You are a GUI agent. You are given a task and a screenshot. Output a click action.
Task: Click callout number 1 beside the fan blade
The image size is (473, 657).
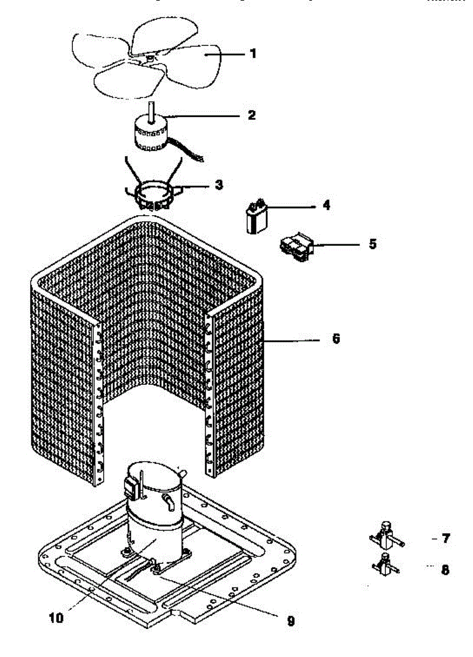(x=253, y=54)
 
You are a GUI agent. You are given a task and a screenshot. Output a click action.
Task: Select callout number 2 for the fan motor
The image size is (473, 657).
(x=252, y=116)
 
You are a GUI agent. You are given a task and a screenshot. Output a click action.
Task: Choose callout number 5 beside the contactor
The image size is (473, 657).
(x=372, y=244)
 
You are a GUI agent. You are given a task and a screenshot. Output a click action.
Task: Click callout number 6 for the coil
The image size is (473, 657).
(x=336, y=339)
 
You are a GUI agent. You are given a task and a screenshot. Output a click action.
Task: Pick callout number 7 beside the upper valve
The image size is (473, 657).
(x=446, y=539)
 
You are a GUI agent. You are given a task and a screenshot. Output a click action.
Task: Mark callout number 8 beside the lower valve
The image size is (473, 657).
(x=446, y=570)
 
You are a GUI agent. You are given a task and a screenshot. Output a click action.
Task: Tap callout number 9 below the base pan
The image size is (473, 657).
(x=290, y=621)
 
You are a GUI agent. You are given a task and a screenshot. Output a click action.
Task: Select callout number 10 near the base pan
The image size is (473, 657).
(x=56, y=618)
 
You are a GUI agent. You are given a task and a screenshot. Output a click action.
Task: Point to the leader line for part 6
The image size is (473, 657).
(x=290, y=340)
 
